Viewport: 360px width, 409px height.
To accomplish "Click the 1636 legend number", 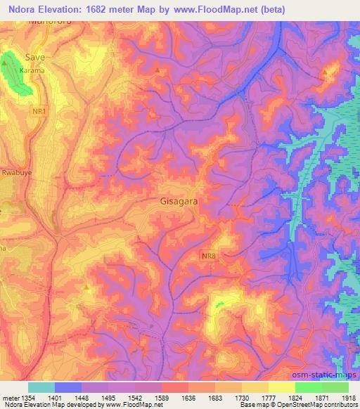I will tap(174, 398).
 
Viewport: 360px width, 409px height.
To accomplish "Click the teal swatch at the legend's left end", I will tap(41, 387).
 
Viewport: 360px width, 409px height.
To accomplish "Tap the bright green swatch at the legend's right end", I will tap(335, 387).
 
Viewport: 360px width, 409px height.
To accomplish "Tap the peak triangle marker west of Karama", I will tap(6, 63).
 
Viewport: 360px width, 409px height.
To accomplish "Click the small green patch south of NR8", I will tap(219, 304).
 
